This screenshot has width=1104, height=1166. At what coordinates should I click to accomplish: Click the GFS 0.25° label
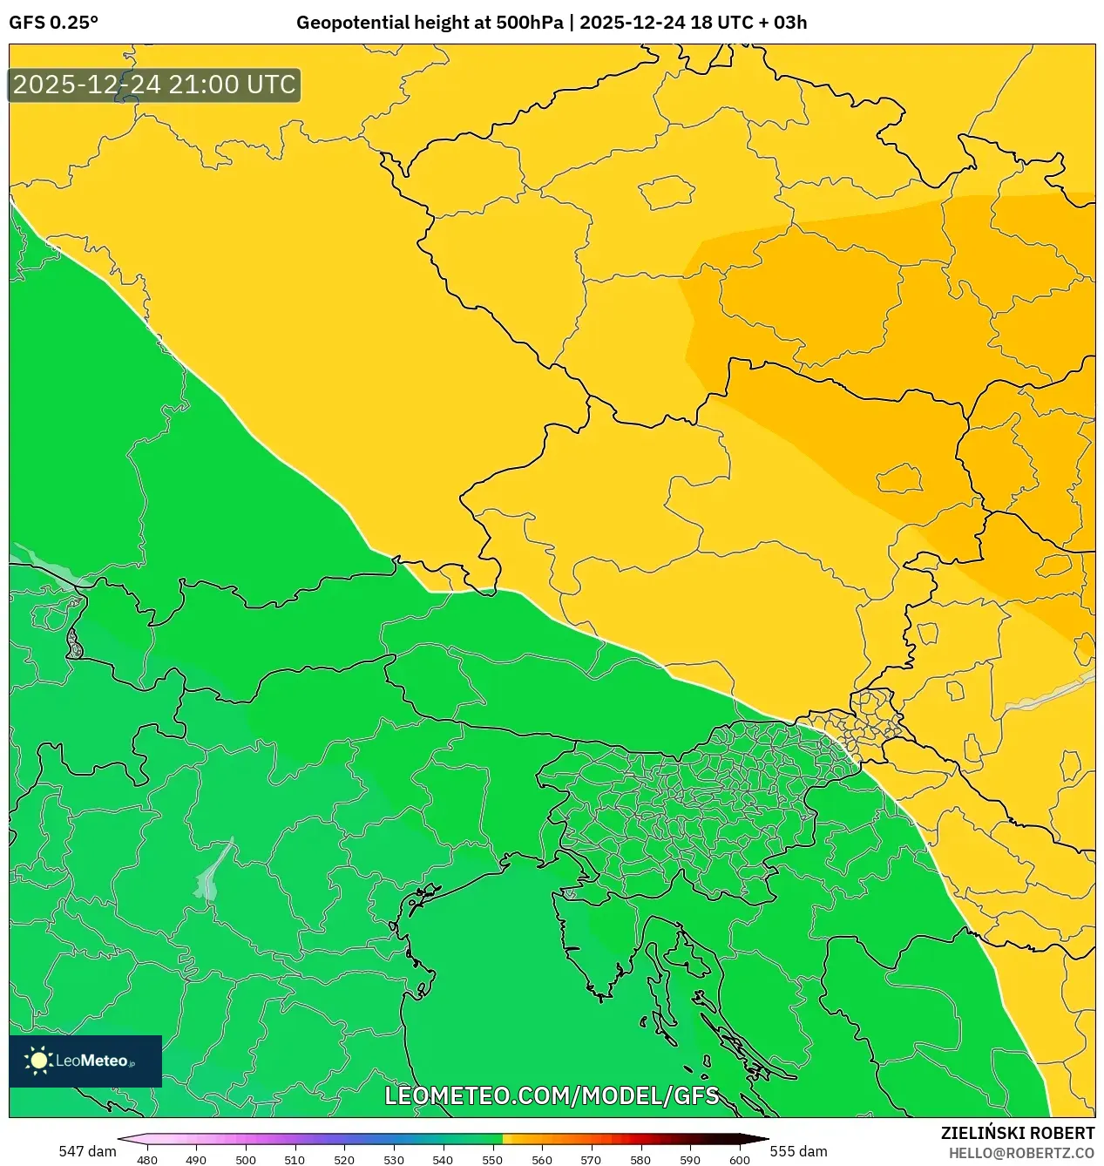(53, 23)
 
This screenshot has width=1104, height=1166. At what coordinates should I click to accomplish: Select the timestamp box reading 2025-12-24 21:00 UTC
(154, 85)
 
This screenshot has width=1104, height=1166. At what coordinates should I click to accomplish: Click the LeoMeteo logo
(85, 1061)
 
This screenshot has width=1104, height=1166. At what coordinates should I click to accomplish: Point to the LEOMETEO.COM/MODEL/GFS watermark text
(552, 1095)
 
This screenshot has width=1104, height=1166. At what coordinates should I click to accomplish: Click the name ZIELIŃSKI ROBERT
(1018, 1133)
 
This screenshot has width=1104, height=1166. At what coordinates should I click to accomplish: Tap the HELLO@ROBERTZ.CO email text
(1021, 1153)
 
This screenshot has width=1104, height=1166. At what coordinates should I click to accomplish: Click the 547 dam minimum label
(87, 1151)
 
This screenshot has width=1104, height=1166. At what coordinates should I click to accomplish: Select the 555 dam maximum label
(798, 1151)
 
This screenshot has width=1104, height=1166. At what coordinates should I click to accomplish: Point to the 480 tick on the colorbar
(147, 1160)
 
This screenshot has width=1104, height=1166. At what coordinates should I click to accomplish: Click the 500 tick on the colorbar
(246, 1160)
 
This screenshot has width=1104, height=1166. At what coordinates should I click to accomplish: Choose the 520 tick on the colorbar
(344, 1160)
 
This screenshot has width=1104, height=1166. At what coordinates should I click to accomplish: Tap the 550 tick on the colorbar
(492, 1160)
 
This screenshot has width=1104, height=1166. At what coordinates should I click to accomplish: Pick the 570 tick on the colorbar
(591, 1160)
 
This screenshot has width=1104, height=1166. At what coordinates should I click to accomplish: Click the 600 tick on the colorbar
(739, 1160)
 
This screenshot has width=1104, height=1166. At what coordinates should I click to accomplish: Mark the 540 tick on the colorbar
(443, 1160)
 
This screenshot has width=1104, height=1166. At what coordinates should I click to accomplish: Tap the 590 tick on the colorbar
(690, 1160)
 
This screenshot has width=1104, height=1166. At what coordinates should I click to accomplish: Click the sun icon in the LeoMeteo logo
(38, 1061)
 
